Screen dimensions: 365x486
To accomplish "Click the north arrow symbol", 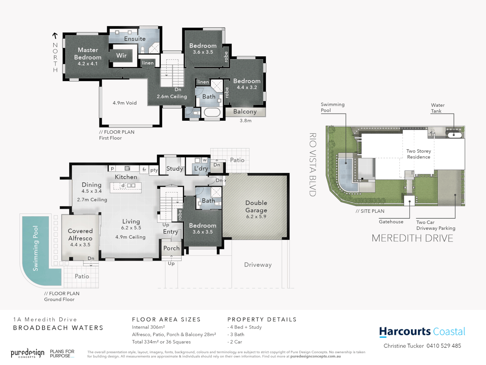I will [55, 35].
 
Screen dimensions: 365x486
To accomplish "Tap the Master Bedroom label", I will [88, 54].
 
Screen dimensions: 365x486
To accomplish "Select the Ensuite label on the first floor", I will [135, 39].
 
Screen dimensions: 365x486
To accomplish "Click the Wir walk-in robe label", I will [122, 55].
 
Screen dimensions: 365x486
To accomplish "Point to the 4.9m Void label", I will [125, 103].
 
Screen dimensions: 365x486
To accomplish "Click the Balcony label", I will [245, 112].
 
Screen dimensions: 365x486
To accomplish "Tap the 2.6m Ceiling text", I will [172, 97].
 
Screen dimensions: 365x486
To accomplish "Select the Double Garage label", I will [256, 206].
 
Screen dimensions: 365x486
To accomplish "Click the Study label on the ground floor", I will [174, 169].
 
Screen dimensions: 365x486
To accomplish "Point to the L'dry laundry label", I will [201, 168].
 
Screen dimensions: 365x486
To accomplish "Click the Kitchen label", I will [126, 177].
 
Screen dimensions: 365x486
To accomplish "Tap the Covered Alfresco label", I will [80, 235].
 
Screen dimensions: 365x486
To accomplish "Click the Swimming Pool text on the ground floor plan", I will [35, 248].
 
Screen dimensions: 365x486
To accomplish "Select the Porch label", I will [171, 248].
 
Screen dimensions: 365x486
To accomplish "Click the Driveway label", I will [258, 265].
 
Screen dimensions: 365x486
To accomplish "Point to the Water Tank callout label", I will [438, 108].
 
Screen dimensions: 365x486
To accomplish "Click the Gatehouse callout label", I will [391, 222].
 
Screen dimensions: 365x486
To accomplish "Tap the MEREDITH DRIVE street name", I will [412, 238].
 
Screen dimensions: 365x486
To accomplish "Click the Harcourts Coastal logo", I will [422, 332].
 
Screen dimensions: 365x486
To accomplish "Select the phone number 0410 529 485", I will [443, 346].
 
